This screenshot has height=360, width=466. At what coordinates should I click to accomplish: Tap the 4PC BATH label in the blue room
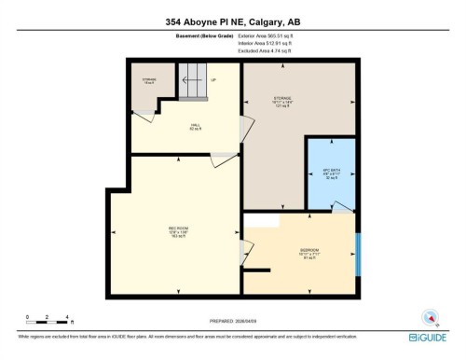tap(331, 173)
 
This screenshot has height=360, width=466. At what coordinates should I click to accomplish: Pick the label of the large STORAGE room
tap(282, 100)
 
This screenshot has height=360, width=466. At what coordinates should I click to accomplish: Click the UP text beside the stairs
tap(212, 80)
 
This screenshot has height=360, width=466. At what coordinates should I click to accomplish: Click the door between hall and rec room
tap(224, 160)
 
